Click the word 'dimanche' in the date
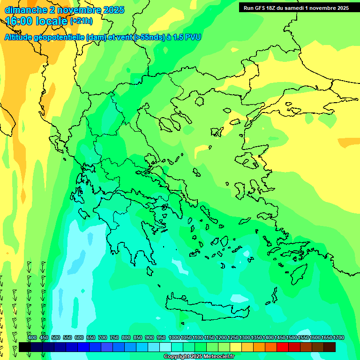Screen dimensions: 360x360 26,10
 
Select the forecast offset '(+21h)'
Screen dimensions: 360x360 81,22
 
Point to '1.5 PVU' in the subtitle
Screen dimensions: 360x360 187,37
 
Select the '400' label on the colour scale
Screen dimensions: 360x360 32,337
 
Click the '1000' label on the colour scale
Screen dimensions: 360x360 174,337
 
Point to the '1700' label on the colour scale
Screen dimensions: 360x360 338,337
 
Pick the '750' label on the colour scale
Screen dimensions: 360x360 114,337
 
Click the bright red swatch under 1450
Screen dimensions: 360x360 283,347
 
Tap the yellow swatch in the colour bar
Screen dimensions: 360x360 236,347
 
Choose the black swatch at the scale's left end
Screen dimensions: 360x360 25,347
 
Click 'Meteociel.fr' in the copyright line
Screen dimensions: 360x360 215,357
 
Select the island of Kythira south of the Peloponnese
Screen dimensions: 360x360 150,271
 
